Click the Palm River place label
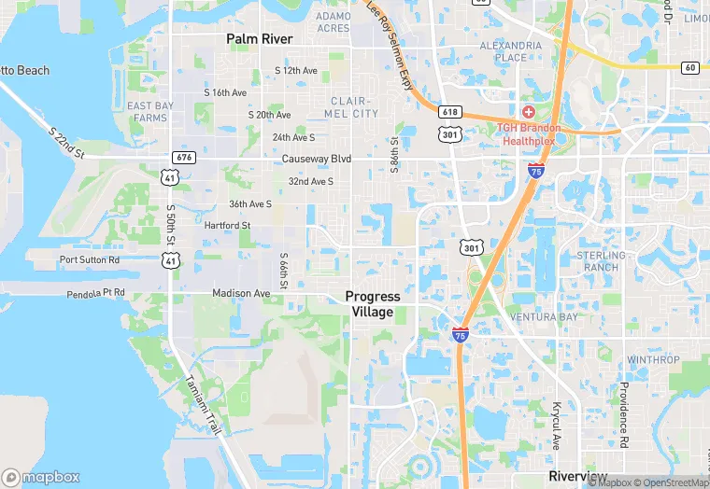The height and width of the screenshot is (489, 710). point(259,39)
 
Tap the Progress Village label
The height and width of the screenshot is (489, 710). point(373,304)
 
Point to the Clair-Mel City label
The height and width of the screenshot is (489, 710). point(354,107)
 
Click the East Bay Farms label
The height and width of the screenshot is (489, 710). point(150,112)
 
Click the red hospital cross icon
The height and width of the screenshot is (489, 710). point(528,112)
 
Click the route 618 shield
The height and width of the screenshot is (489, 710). point(450,111)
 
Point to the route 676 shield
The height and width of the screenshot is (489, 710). point(183,158)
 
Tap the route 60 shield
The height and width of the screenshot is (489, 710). point(689,67)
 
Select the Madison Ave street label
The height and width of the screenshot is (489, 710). point(241,293)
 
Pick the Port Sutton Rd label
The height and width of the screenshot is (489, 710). point(90,259)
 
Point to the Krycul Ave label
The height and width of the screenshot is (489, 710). point(556,426)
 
